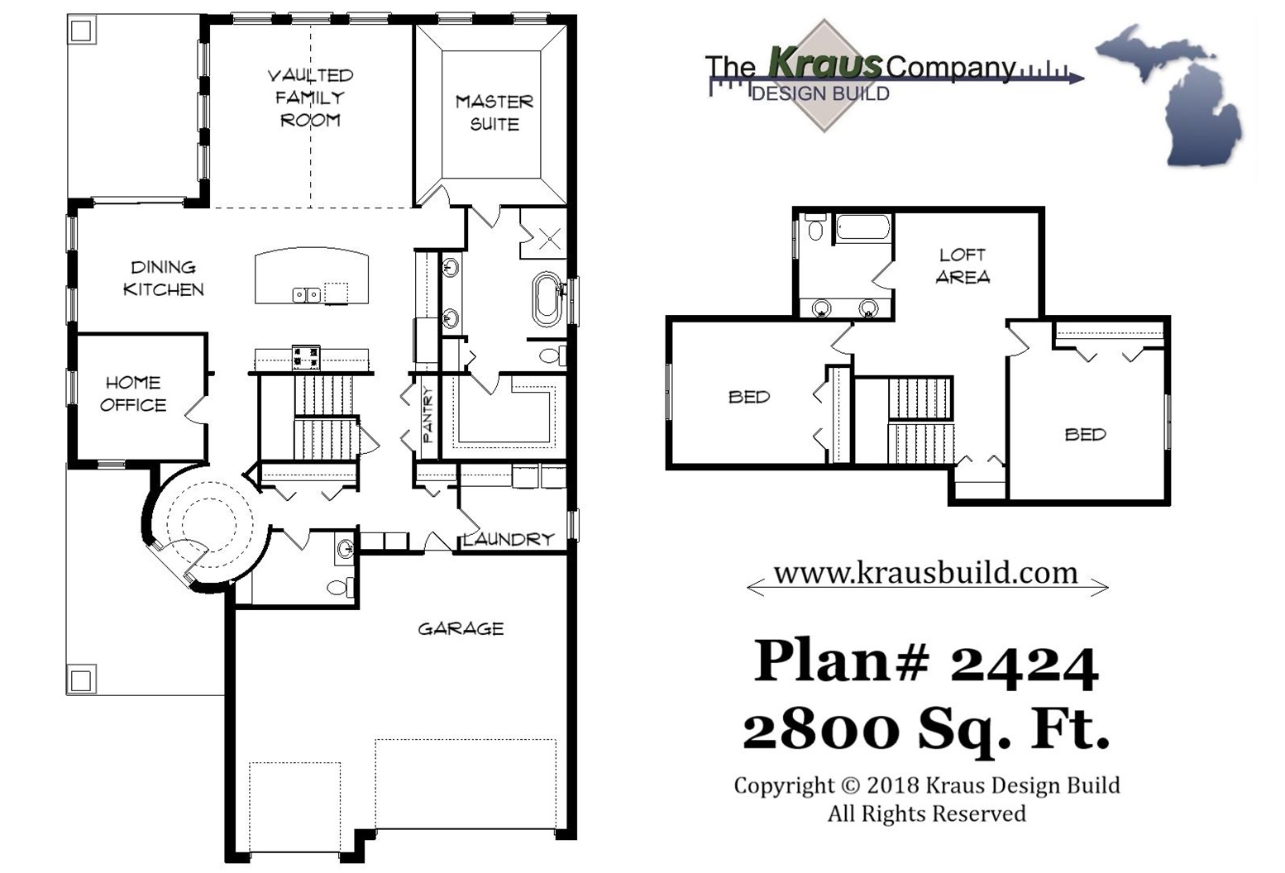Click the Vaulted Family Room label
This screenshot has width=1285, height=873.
tap(310, 98)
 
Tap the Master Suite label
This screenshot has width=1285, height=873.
tap(494, 112)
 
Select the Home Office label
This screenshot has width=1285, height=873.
tap(133, 394)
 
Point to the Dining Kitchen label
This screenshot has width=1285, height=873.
tap(163, 278)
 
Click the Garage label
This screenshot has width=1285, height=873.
tap(461, 629)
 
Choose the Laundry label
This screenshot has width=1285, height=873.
tap(509, 539)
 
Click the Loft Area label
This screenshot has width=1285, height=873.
tap(963, 265)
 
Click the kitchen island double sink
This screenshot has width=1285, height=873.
tap(306, 294)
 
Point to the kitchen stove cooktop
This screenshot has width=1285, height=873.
tap(305, 356)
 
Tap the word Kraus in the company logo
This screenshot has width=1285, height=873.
tap(824, 62)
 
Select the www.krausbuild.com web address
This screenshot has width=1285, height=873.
tap(925, 573)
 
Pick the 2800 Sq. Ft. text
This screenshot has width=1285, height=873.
tap(925, 730)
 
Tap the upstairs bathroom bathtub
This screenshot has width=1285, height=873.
tap(862, 227)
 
